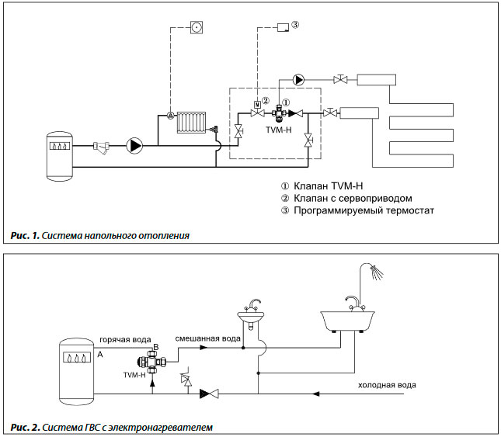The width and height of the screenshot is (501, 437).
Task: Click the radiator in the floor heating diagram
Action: (x=191, y=122)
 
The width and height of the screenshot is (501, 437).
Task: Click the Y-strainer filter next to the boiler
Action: (x=101, y=147)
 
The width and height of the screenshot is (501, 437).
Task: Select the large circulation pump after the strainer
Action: (x=134, y=146)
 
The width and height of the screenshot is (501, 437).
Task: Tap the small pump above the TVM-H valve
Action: (x=298, y=79)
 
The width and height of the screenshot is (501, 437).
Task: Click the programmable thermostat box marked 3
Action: (x=283, y=27)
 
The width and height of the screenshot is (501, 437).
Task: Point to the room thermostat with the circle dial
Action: (x=197, y=27)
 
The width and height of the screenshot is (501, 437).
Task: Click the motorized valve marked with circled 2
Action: (x=257, y=109)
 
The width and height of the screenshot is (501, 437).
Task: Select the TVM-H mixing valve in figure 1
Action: (x=279, y=113)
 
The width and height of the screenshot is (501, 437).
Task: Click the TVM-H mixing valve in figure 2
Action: (x=151, y=362)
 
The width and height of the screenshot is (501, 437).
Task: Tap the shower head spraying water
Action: (x=377, y=272)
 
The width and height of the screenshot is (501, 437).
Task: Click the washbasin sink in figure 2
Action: (x=251, y=314)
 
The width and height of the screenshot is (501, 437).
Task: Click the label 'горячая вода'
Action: (x=125, y=340)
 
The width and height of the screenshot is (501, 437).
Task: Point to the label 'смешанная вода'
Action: (x=207, y=338)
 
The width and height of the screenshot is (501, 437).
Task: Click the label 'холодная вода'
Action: (x=387, y=385)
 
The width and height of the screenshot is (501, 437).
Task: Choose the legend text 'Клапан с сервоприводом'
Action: (x=353, y=198)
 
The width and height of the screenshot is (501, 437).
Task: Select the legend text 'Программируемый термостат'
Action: (x=364, y=210)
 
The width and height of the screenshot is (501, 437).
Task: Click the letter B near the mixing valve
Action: (x=156, y=347)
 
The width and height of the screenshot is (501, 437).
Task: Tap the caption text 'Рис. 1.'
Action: (x=25, y=236)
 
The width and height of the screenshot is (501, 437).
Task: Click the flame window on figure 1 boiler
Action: (x=60, y=146)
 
